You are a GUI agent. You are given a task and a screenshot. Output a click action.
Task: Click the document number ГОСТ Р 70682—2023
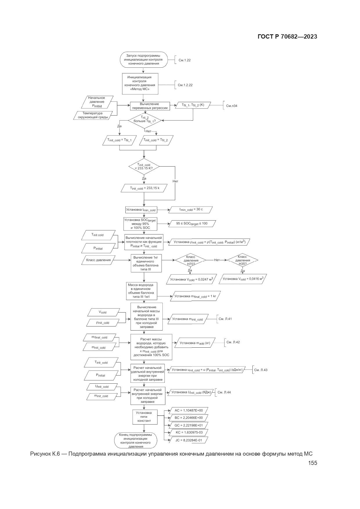click(x=287, y=37)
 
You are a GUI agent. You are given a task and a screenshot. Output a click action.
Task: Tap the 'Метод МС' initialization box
click(x=140, y=84)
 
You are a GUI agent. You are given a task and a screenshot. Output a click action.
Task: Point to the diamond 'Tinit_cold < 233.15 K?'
click(x=144, y=167)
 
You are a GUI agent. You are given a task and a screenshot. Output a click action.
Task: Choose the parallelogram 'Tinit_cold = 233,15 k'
click(x=144, y=188)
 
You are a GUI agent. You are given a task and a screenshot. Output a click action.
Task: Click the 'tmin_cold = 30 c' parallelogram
click(x=191, y=210)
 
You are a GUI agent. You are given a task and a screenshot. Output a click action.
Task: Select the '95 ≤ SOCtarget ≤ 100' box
click(x=192, y=224)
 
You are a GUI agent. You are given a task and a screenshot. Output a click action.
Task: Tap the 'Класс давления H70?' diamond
click(x=190, y=260)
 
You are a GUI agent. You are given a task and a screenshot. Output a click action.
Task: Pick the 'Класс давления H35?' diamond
click(x=242, y=260)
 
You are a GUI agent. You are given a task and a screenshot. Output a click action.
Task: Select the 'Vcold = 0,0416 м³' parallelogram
click(x=243, y=279)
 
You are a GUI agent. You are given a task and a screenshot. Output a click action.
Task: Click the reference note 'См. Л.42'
click(x=233, y=342)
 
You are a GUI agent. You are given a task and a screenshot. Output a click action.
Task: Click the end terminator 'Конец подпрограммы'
click(x=135, y=441)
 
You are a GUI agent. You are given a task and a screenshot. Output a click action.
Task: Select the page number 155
click(x=312, y=463)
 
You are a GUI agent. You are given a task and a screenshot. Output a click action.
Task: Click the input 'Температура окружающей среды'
click(x=93, y=115)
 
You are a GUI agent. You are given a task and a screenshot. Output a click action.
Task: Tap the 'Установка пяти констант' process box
click(x=144, y=417)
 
